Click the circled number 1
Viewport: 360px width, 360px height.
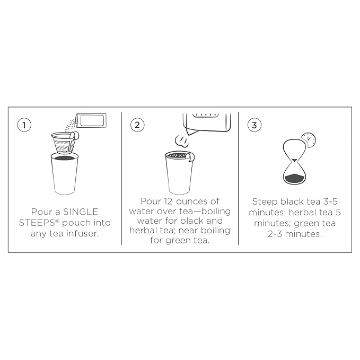pos(24,125)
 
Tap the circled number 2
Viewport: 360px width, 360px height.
pos(137,125)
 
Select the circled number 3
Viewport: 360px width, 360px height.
pos(254,125)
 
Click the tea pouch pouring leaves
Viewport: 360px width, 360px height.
pos(91,120)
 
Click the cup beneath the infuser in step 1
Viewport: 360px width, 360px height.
pos(65,174)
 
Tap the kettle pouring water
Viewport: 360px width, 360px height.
pos(207,123)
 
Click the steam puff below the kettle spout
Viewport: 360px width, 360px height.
pos(182,141)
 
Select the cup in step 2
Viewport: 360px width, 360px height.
pos(179,173)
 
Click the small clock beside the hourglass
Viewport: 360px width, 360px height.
pos(309,140)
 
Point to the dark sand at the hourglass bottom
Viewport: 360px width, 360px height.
pos(295,178)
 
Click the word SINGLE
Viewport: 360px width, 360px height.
pos(81,212)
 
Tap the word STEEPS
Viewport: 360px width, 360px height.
pos(37,223)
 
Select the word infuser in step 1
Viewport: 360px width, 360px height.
pos(82,233)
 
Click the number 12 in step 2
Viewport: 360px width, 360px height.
pos(169,201)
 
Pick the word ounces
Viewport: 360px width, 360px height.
pos(192,201)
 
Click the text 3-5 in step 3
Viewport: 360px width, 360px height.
pos(330,201)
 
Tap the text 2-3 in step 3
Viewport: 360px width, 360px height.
pos(275,234)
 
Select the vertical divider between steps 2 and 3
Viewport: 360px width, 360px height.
pos(238,178)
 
